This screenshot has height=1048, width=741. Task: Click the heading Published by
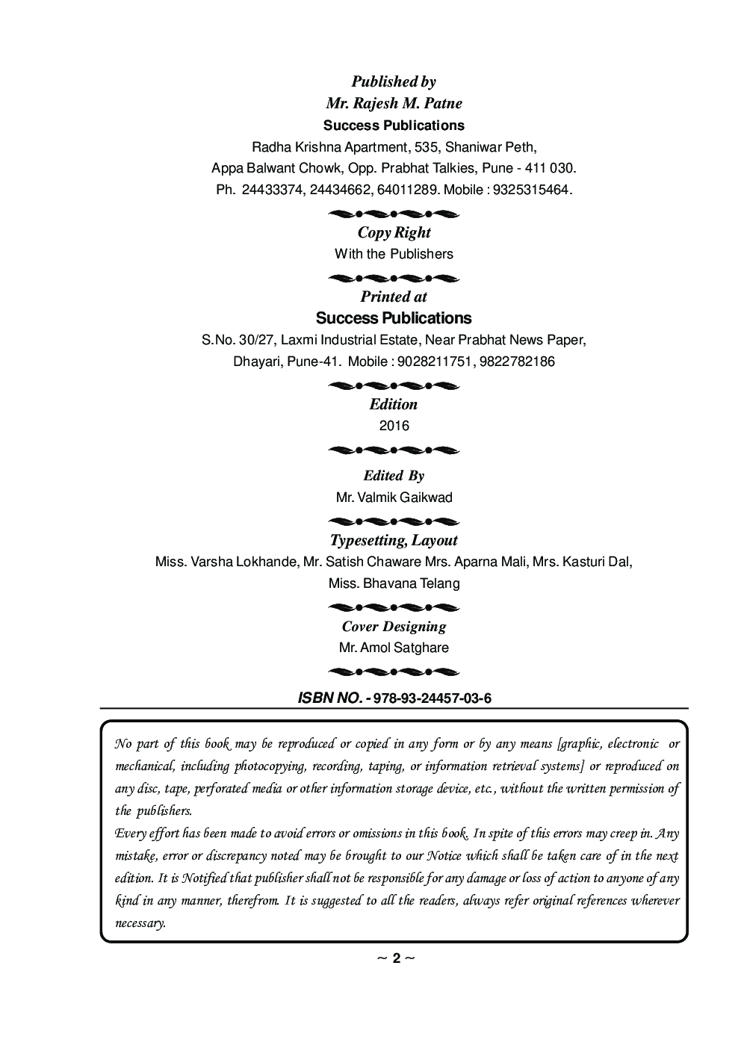click(394, 81)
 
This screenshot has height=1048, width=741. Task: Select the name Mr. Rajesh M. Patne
click(394, 103)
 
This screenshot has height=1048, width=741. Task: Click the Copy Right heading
click(394, 232)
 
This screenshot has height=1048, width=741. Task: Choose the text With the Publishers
click(394, 254)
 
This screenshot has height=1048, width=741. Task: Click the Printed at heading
click(394, 297)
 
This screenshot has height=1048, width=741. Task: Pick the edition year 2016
click(394, 426)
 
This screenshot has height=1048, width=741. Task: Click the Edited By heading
click(394, 476)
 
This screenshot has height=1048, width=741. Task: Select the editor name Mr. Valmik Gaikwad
click(394, 497)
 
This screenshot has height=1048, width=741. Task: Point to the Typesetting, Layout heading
click(394, 540)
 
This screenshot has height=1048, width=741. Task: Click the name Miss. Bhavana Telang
click(394, 583)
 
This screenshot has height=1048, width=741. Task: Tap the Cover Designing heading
click(394, 627)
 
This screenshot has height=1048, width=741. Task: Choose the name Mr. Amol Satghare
click(394, 648)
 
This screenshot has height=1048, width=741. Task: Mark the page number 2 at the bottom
click(397, 958)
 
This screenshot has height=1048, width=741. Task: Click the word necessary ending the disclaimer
click(139, 923)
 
